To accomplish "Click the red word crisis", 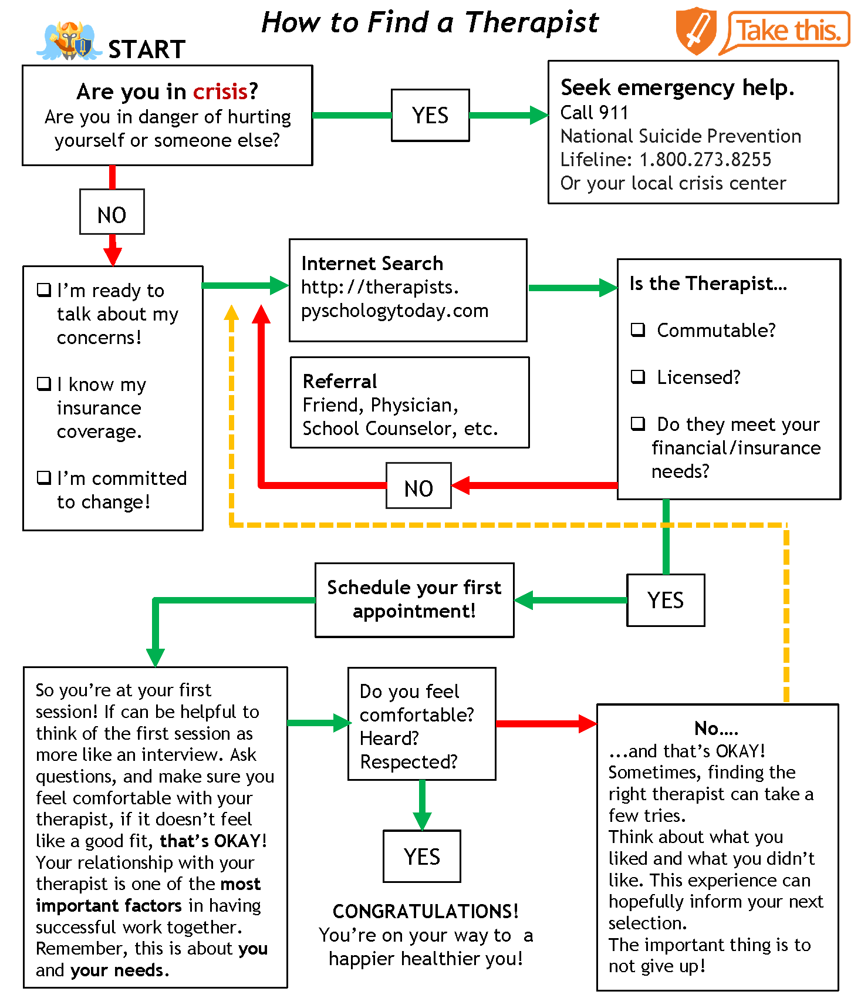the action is (220, 92).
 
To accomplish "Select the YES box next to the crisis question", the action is (430, 115).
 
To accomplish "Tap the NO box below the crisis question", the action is (112, 212).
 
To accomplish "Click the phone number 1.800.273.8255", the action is (705, 160).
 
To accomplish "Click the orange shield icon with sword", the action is (696, 31).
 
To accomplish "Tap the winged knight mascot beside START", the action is (69, 41).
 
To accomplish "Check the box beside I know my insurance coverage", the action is (44, 384).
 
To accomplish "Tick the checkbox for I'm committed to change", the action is (44, 478).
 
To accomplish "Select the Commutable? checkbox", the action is (638, 329).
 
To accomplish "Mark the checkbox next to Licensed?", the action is (638, 376).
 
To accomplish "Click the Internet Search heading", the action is (372, 263).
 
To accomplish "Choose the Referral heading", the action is (340, 381).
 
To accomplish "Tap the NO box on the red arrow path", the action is (418, 485).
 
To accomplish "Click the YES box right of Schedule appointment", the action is (666, 600).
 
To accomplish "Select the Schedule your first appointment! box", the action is (414, 600).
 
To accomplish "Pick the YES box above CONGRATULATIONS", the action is (422, 856).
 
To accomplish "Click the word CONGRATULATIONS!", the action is (426, 911).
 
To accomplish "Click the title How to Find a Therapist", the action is (430, 22).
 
